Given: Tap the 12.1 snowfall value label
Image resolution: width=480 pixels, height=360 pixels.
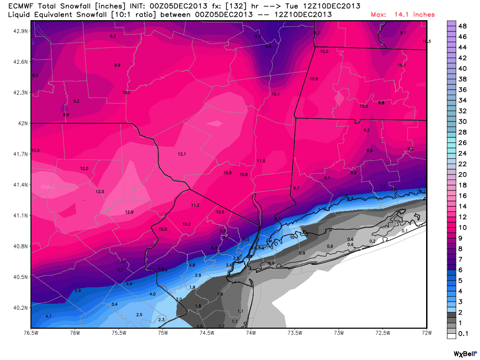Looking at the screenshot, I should coord(182,154).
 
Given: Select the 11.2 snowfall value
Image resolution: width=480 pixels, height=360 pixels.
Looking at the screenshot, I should coord(195,205).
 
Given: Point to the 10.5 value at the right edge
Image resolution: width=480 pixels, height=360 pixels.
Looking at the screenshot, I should coord(426,42).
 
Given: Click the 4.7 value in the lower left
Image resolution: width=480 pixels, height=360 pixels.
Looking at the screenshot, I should coord(48,316).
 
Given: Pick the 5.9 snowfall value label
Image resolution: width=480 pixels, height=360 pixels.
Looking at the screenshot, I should coord(77,291).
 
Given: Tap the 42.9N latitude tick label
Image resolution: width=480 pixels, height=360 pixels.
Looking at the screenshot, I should coord(20,31).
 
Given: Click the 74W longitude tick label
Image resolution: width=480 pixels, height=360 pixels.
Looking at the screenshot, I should coord(251,333).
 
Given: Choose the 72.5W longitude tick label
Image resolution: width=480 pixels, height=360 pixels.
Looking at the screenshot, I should coord(383,333).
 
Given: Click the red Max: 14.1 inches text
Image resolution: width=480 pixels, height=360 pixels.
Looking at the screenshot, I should coord(403,15).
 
